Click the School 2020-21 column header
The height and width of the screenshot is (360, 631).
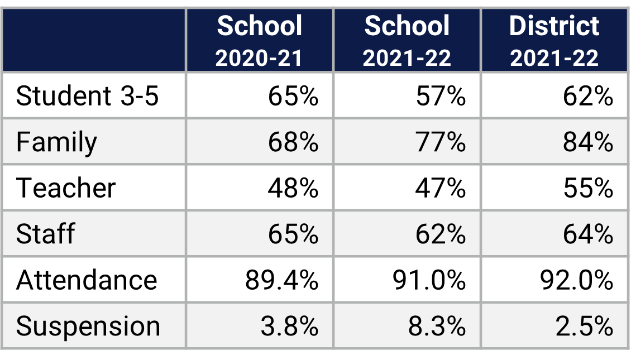259,41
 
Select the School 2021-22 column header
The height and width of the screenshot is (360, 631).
407,41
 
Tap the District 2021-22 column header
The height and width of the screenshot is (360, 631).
554,41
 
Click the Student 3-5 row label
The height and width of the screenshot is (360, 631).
88,96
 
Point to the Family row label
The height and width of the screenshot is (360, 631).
56,142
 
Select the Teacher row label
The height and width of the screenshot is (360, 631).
66,188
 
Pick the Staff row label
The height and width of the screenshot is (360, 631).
45,233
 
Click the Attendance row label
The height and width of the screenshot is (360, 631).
87,279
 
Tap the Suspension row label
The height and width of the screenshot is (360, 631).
88,326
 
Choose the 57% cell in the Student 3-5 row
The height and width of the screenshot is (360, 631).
441,96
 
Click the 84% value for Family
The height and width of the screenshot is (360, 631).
588,142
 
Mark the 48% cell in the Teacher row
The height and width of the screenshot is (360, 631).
293,188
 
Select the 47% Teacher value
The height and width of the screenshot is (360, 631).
441,188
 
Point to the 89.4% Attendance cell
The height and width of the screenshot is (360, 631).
281,279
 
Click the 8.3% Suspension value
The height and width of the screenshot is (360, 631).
437,326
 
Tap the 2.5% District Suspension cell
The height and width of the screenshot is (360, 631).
584,326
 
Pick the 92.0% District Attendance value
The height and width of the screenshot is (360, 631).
576,279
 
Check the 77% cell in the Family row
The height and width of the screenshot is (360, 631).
441,142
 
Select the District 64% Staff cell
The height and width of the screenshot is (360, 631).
588,233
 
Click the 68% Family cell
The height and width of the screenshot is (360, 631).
293,142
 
